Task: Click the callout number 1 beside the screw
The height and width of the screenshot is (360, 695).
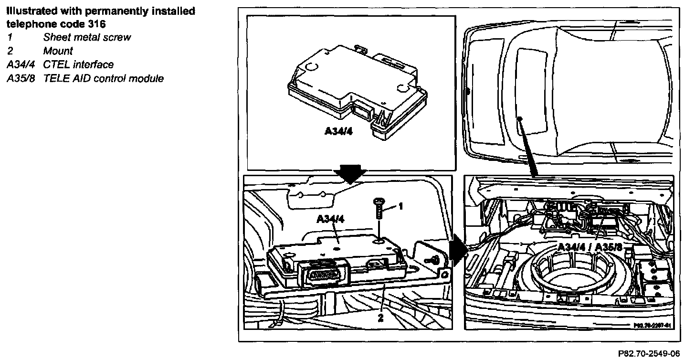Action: coord(401,206)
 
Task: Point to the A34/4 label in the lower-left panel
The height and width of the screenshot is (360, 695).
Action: coord(331,219)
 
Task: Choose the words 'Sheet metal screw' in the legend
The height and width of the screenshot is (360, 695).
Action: coord(87,37)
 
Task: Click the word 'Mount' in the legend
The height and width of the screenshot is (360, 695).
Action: coord(58,51)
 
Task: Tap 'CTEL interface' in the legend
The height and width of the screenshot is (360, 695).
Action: coord(78,64)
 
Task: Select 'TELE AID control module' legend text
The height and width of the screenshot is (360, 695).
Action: coord(103,78)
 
